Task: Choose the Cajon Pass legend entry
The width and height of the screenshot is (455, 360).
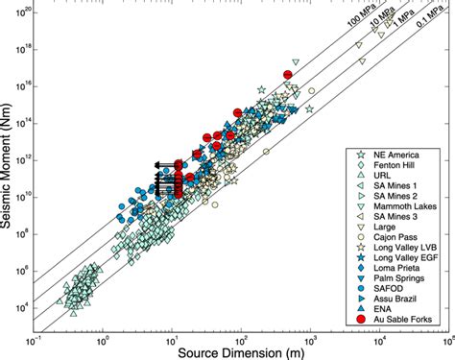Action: click(x=392, y=245)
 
